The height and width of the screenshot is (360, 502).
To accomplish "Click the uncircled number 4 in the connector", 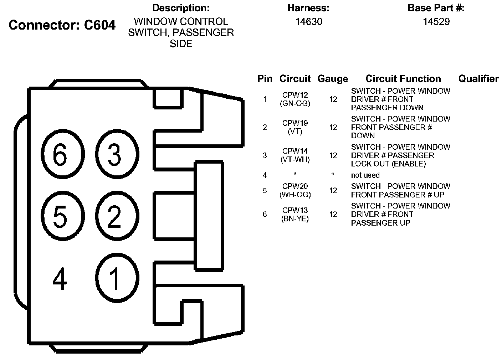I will coord(60,279).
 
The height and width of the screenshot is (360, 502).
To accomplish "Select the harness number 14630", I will coord(308,22).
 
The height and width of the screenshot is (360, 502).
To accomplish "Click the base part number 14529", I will coord(436,22).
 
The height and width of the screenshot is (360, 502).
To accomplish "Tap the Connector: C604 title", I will coord(62,25).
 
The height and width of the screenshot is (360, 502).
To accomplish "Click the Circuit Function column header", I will coord(403,79).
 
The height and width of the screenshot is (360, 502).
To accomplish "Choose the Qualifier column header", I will coord(478,79).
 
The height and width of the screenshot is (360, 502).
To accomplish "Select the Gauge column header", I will coord(333,79).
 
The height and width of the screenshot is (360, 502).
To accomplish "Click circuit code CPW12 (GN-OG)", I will coord(295,99).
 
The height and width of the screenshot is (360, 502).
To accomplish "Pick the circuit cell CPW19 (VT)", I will coord(295,127).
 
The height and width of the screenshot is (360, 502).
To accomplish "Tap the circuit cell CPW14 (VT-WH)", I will coord(295,155).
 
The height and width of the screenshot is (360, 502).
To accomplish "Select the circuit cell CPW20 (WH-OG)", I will coord(295,190).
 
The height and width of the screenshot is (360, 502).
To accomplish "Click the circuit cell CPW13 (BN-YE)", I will coord(295,214).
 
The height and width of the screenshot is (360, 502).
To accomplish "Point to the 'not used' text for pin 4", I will coord(365,175).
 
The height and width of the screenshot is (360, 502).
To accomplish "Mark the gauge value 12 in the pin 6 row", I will coord(333,214).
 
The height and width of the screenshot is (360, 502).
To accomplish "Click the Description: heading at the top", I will coord(181,8).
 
